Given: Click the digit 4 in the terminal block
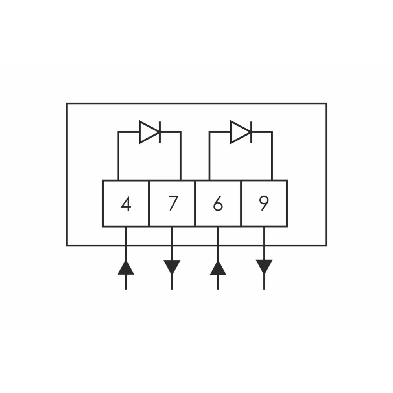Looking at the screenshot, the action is coord(126,204).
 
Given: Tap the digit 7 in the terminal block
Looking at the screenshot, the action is coord(173,203).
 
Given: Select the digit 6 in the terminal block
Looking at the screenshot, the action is coord(218,204).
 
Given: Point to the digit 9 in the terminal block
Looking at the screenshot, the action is coord(264,204).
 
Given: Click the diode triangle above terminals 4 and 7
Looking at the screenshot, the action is coord(148,132).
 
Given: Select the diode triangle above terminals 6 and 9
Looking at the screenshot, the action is coord(239,132).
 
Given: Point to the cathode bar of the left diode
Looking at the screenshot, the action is coord(160,132).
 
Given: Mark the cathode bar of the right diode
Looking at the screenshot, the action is coord(252,132).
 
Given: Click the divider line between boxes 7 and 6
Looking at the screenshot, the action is coord(195,203).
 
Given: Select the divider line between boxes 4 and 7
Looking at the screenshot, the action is coord(149,203).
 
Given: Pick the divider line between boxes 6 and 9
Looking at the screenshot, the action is coord(241,203).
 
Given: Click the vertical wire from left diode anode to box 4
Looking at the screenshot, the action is coord(118,156).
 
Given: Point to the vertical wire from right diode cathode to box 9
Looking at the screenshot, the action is coord(272,156).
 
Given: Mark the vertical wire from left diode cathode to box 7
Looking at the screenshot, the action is coord(180,156).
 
